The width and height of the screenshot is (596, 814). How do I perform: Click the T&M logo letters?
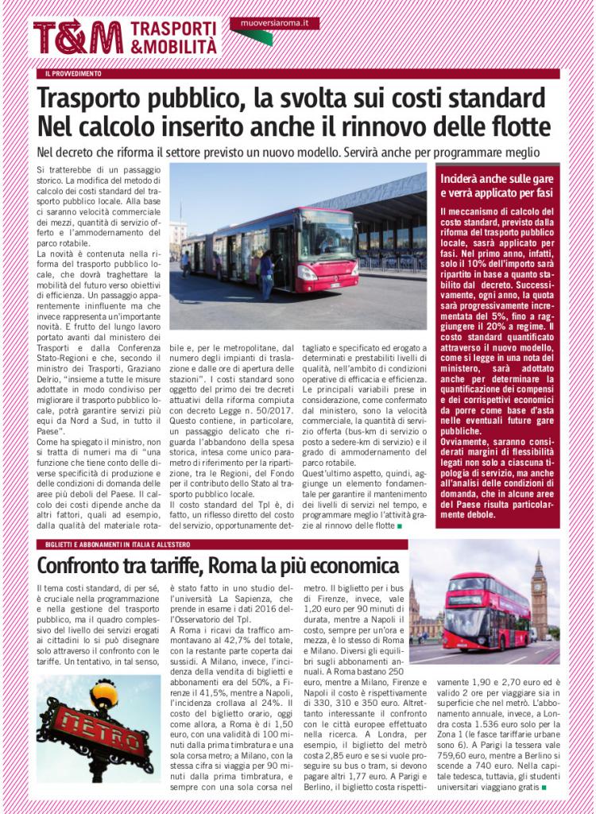click(77, 37)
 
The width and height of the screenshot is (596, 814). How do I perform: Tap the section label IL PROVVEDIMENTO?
click(73, 74)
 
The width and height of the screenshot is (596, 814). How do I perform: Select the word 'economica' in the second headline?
click(350, 566)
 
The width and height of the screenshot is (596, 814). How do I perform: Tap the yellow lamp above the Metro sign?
click(103, 692)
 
